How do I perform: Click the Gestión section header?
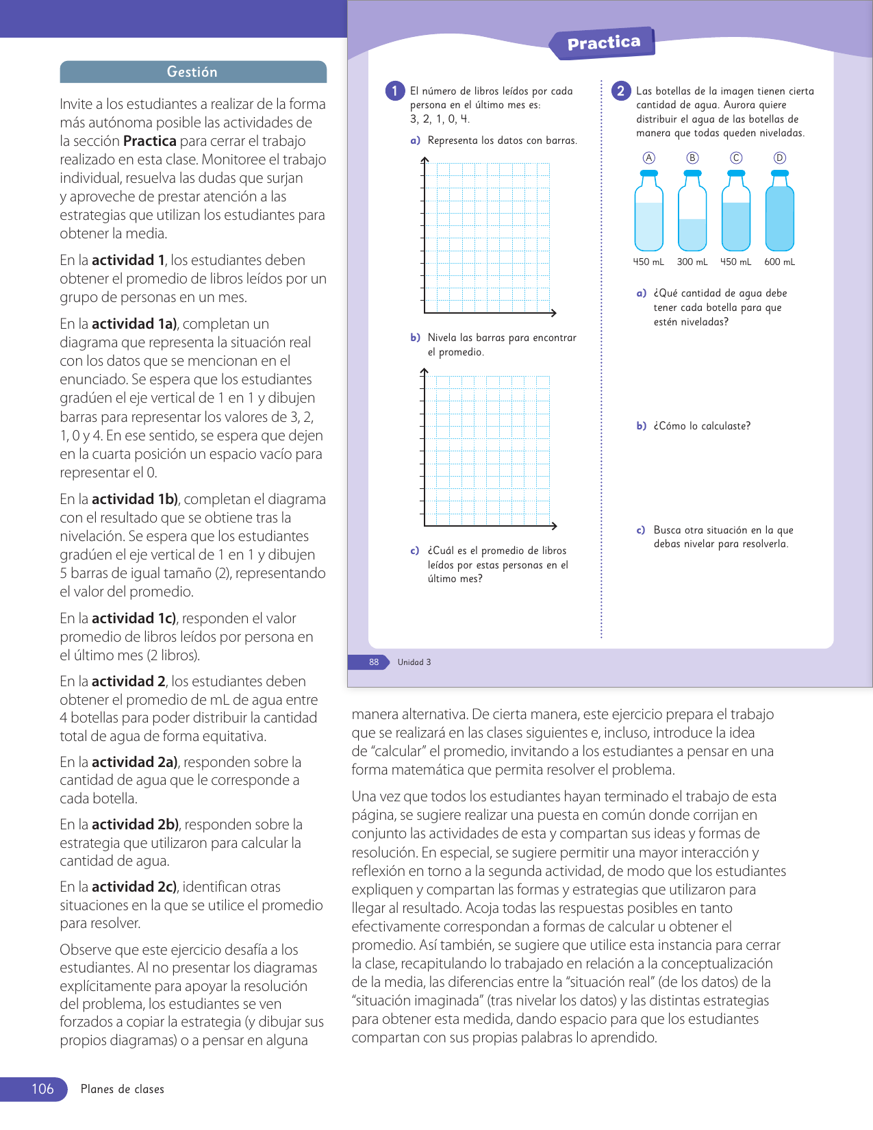click(192, 72)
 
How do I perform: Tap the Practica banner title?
click(603, 43)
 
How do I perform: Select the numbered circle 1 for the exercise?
click(395, 90)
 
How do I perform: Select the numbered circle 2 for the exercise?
click(620, 90)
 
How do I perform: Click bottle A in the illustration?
click(648, 214)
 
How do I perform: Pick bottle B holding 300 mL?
click(692, 214)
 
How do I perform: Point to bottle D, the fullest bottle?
click(779, 214)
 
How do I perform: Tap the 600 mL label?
click(779, 262)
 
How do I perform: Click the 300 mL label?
click(692, 262)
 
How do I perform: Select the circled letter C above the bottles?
click(736, 158)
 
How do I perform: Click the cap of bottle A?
click(648, 173)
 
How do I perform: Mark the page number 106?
click(42, 1089)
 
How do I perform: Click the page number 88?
click(374, 662)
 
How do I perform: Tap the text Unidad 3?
click(414, 662)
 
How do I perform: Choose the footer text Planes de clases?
click(123, 1089)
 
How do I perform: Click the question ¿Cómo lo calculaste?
click(702, 426)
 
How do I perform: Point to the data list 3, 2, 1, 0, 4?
click(440, 119)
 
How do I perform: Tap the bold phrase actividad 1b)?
click(135, 499)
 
